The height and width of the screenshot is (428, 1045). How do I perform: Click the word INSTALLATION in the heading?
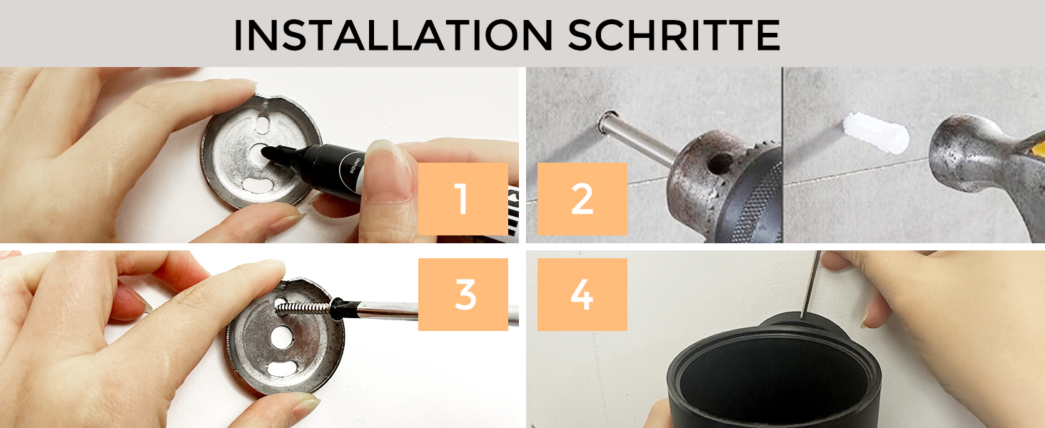click(393, 35)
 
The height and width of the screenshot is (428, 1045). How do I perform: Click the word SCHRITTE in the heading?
click(674, 35)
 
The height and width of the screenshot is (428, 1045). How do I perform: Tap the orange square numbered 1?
click(463, 198)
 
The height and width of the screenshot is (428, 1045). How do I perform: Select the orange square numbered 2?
click(582, 198)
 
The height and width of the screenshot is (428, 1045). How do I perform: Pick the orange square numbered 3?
click(463, 294)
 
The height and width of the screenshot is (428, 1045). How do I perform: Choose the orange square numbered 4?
click(582, 294)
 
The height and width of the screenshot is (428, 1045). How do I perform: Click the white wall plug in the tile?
click(876, 133)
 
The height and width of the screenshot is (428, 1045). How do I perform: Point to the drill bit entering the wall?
click(637, 138)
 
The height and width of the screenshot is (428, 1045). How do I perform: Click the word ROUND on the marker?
click(355, 165)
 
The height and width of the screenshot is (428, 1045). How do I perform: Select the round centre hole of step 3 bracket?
click(281, 337)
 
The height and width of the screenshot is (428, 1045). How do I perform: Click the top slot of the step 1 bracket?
click(263, 125)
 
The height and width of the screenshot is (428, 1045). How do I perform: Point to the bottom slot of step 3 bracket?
click(282, 369)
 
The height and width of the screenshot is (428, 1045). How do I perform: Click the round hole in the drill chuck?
click(721, 162)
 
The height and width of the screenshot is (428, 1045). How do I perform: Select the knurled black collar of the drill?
click(756, 205)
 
